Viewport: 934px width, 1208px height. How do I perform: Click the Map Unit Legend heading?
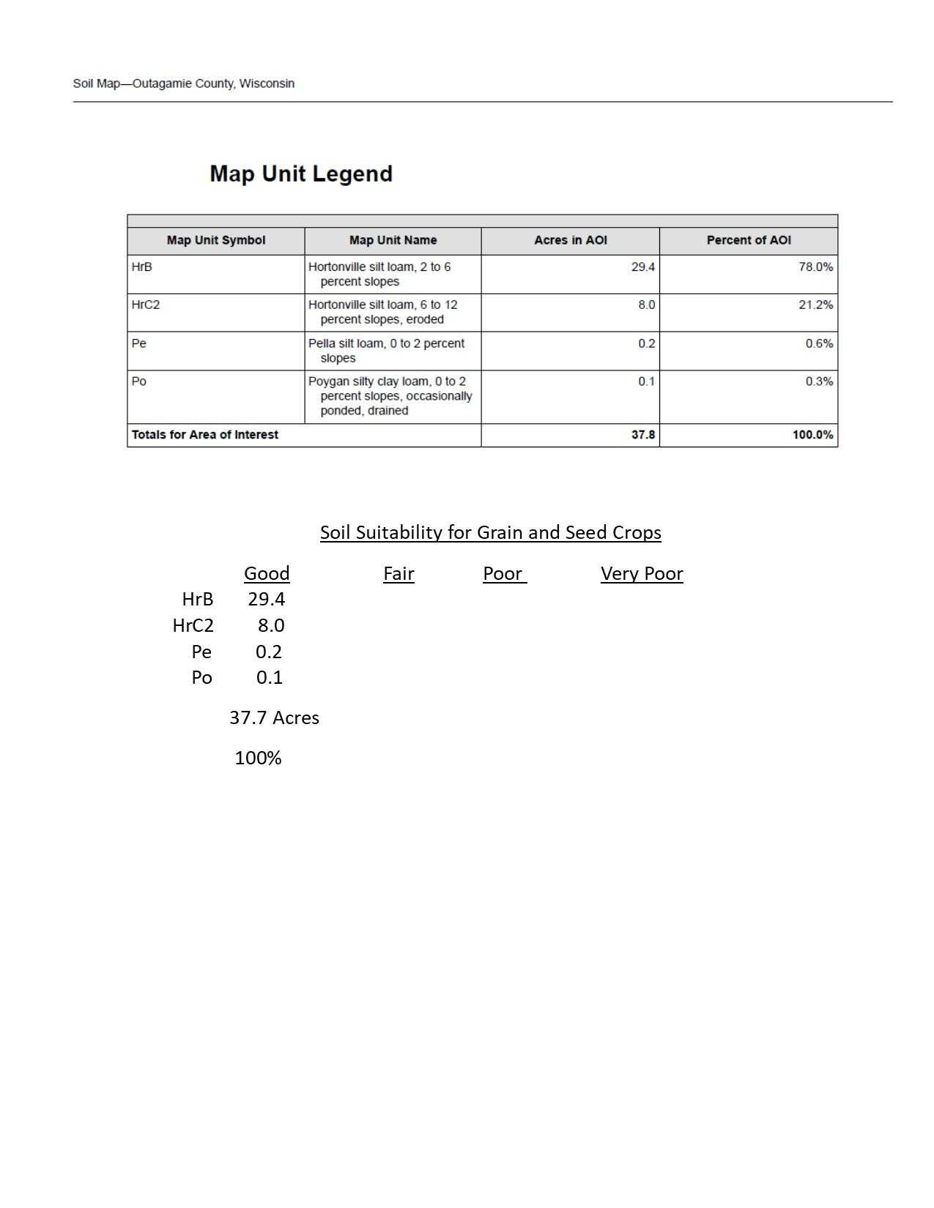point(301,174)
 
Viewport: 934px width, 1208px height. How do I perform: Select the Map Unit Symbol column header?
point(215,240)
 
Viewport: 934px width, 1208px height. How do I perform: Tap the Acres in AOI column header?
point(570,240)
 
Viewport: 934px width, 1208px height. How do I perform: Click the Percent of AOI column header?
point(748,240)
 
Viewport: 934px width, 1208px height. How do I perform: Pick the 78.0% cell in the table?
point(815,267)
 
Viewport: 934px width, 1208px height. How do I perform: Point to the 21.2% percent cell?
point(815,305)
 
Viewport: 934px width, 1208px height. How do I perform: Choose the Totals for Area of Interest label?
point(205,435)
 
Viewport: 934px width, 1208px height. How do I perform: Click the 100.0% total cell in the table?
point(812,435)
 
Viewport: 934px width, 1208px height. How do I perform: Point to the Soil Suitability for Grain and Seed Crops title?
point(490,532)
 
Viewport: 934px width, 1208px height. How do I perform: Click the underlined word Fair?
point(399,574)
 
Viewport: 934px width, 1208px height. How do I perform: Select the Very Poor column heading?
point(642,574)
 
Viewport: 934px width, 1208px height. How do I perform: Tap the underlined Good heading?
point(267,574)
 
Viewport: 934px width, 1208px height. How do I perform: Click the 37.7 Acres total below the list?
point(274,717)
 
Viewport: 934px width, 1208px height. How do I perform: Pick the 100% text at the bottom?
point(258,758)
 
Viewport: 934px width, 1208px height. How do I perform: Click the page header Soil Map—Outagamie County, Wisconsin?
point(184,83)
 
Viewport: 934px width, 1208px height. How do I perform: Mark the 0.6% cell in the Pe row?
point(819,343)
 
